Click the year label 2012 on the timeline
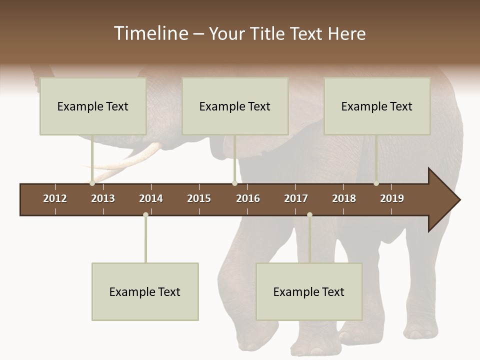point(55,198)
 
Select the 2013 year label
point(103,198)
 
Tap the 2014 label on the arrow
point(151,198)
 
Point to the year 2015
point(199,198)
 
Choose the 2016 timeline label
point(248,198)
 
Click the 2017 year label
point(296,198)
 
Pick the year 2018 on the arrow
point(344,198)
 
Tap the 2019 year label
point(392,198)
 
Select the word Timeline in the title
point(150,33)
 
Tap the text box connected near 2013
point(93,106)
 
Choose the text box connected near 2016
point(235,106)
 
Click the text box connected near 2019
point(377,106)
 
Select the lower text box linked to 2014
point(145,291)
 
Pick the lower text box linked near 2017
point(309,291)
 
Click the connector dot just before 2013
point(92,183)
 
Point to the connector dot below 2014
point(145,215)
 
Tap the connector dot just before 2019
point(376,183)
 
